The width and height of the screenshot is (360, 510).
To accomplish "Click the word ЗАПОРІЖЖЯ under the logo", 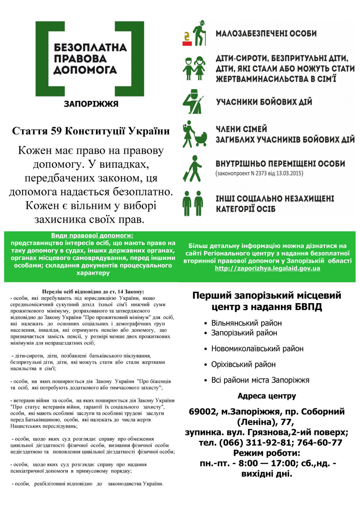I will coord(91,104).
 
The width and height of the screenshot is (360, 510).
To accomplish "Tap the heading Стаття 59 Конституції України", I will coord(91,131).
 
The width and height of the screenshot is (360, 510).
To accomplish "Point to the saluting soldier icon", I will coord(193,102).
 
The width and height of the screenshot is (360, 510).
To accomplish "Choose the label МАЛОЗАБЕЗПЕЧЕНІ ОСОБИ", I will coord(266,34).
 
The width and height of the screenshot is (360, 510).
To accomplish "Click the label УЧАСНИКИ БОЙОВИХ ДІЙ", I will coord(264,102).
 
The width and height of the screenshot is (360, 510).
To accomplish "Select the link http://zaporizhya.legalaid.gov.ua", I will coord(267,268).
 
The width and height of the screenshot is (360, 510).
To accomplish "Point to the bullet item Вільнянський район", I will coord(246,323).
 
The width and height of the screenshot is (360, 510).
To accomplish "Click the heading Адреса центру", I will coord(267,396).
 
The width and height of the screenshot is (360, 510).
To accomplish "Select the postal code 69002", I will coord(203,412).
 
